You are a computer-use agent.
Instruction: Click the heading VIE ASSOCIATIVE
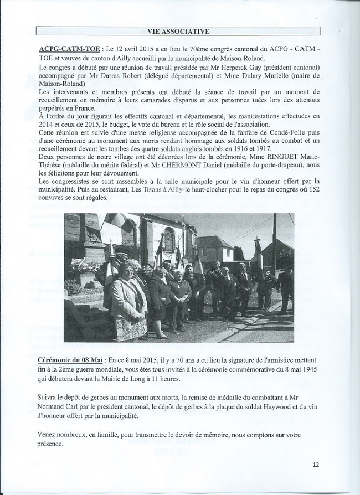(178, 30)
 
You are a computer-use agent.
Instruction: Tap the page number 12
(316, 465)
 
